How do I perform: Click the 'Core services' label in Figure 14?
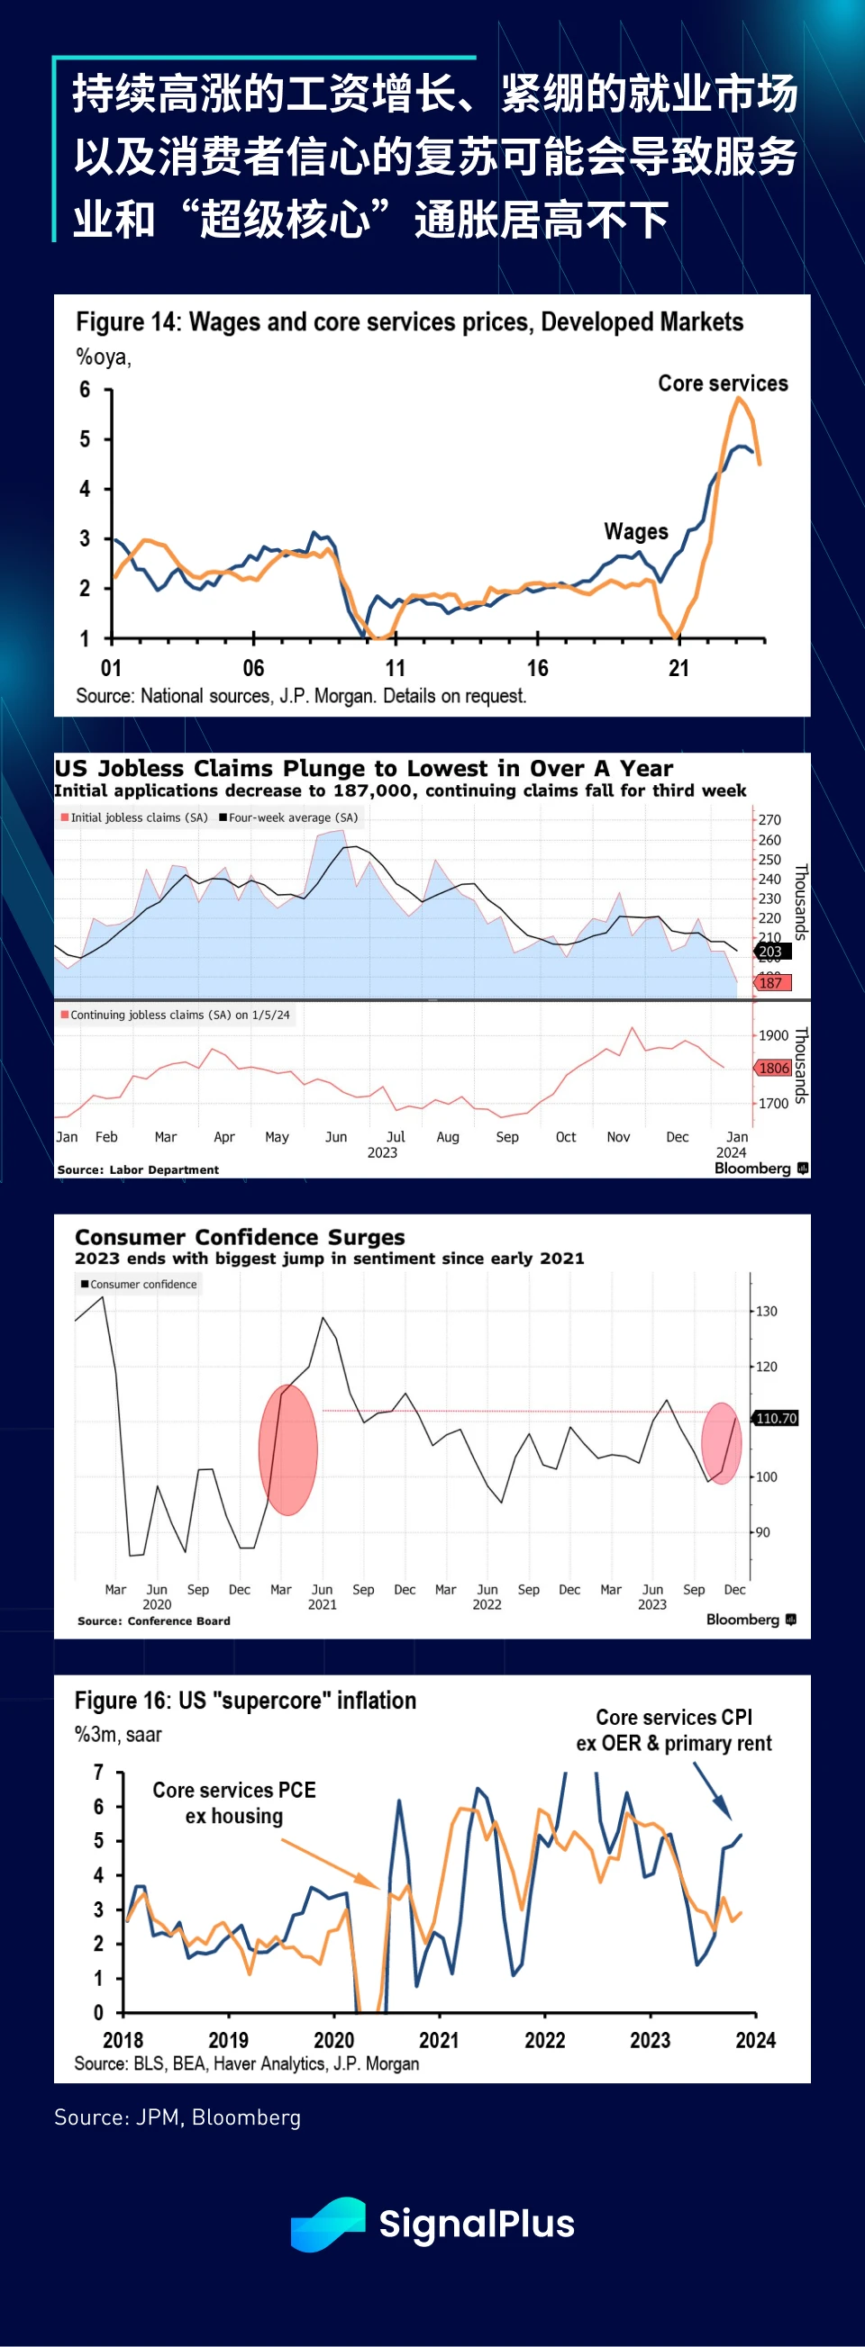[x=723, y=384]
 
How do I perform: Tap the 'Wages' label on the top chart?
[x=635, y=531]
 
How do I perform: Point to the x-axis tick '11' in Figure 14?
[x=395, y=668]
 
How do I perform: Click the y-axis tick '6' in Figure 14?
[x=85, y=390]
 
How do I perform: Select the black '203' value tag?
[x=772, y=952]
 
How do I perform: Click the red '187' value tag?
[x=772, y=982]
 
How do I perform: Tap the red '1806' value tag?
[x=773, y=1068]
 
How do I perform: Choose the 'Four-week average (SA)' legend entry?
[x=288, y=817]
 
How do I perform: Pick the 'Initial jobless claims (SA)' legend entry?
[x=135, y=817]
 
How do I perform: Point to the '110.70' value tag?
[x=776, y=1418]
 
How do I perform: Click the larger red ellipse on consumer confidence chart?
[x=288, y=1449]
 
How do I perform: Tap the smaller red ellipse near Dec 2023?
[x=721, y=1443]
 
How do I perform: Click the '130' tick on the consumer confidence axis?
[x=767, y=1311]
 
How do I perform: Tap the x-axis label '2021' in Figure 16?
[x=439, y=2040]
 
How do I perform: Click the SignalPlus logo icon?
[x=327, y=2224]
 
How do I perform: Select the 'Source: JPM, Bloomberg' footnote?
[x=177, y=2117]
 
